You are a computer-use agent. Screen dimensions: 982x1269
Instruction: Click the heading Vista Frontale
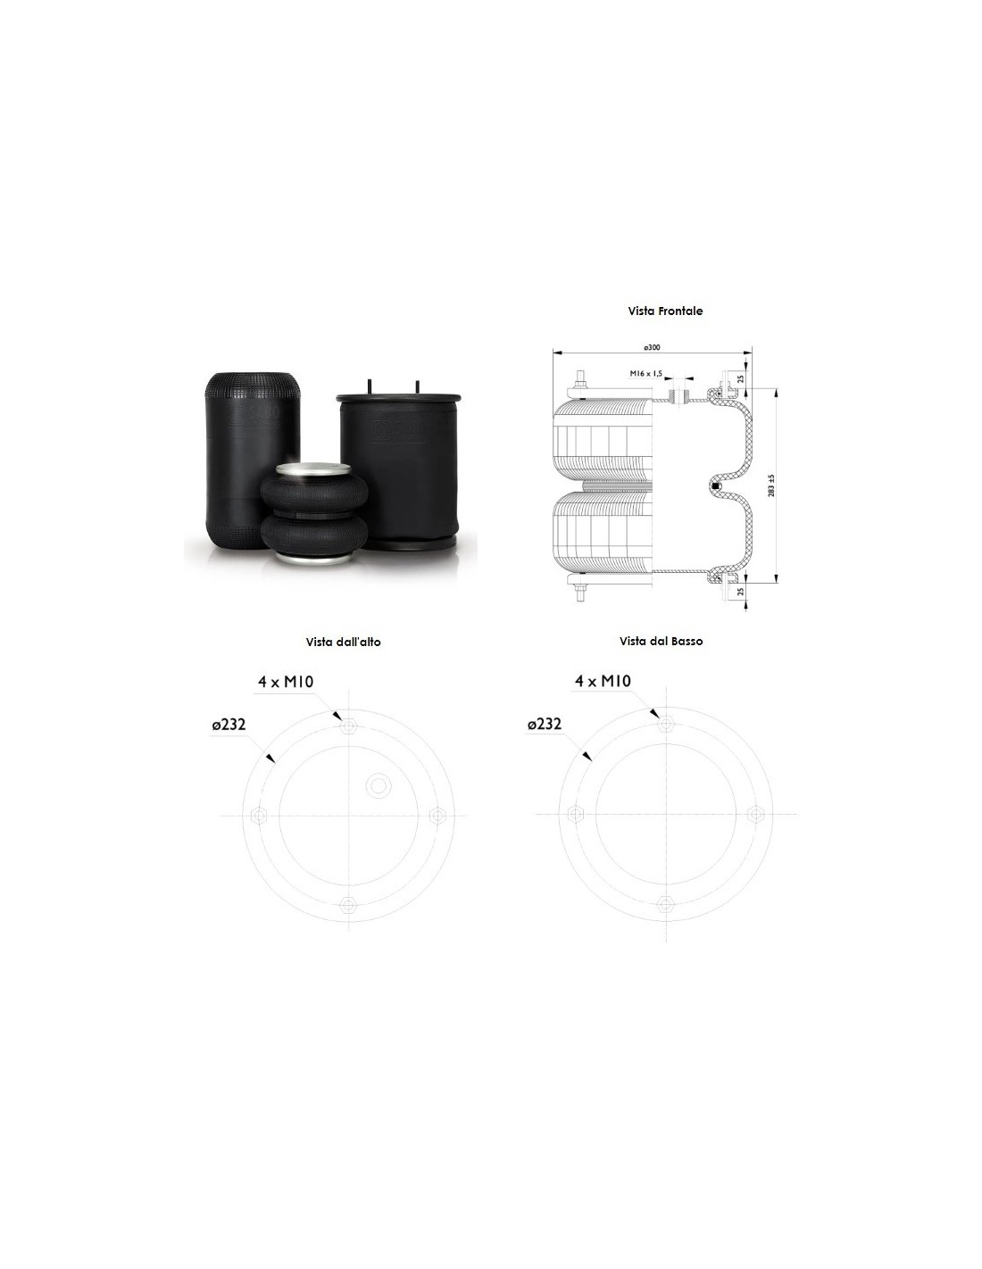(x=665, y=311)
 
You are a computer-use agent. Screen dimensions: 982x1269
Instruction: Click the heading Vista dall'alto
(x=343, y=642)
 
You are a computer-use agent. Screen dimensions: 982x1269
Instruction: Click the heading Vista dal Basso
(x=661, y=641)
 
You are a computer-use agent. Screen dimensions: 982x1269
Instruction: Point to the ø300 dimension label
(x=652, y=347)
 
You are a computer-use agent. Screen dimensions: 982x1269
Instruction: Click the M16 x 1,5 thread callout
(x=646, y=373)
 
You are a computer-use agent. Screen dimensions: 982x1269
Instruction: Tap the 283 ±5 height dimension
(x=771, y=485)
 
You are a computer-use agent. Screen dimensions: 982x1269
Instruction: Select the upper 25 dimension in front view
(x=741, y=378)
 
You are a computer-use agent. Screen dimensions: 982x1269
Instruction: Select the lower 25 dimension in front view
(x=741, y=591)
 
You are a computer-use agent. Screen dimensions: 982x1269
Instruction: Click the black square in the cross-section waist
(x=716, y=485)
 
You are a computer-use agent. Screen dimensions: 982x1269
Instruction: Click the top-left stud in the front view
(x=580, y=384)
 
